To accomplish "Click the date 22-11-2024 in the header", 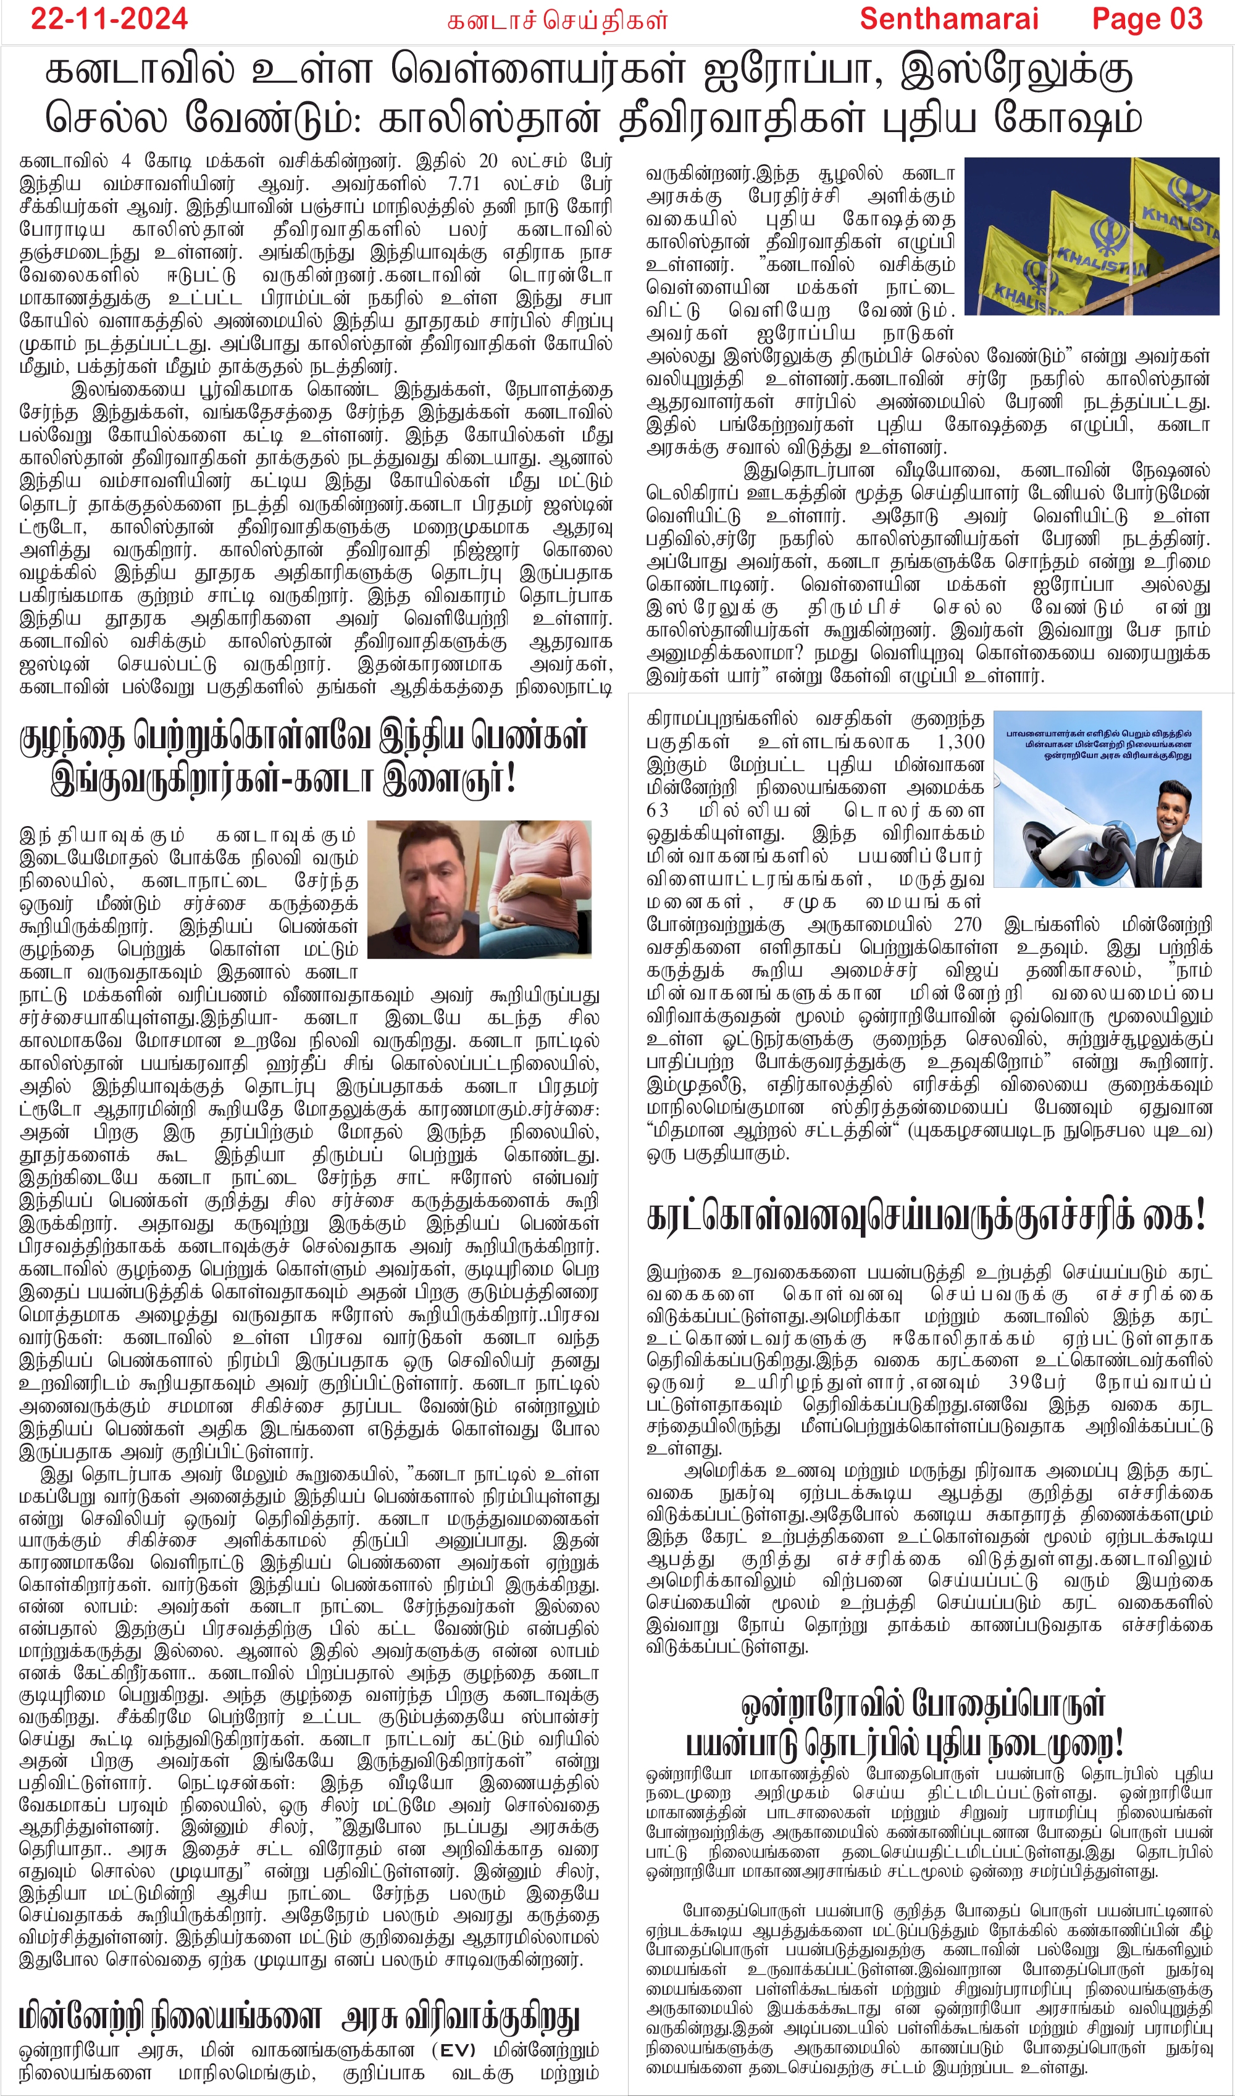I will pos(109,19).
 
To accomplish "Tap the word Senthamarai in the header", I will pos(948,19).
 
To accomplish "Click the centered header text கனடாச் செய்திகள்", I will pos(557,21).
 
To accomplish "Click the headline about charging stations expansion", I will pos(299,2018).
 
